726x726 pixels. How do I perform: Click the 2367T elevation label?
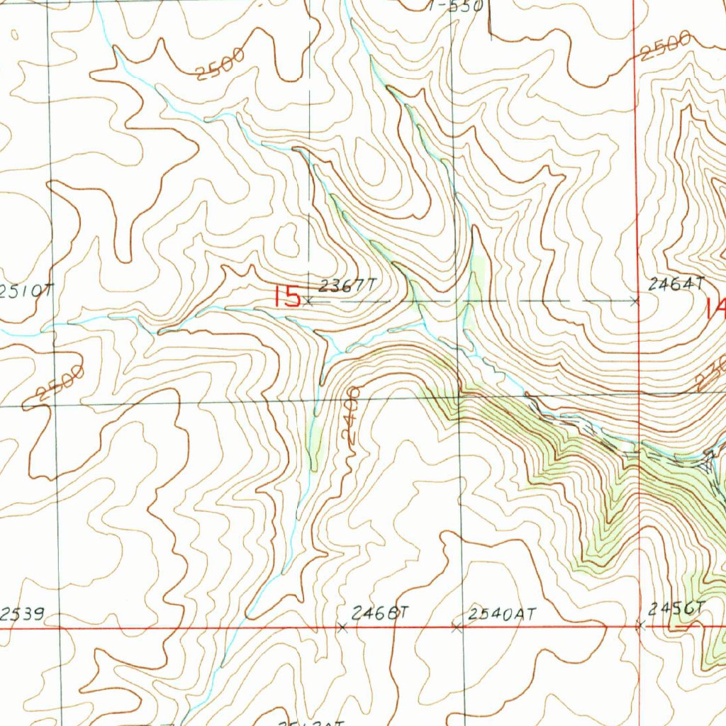346,286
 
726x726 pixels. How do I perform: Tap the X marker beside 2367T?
308,301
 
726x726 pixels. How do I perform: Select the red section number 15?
287,296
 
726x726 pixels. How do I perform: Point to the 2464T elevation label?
676,284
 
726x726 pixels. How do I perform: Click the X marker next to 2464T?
635,301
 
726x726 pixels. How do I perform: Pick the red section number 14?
715,308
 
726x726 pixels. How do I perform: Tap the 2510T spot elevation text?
27,291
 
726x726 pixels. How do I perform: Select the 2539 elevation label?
22,615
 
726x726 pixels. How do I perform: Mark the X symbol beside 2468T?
342,627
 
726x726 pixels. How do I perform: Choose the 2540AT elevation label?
502,614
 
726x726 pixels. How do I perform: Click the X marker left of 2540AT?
457,627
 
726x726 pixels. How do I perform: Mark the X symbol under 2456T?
640,625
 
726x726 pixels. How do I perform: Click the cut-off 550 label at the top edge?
457,6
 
